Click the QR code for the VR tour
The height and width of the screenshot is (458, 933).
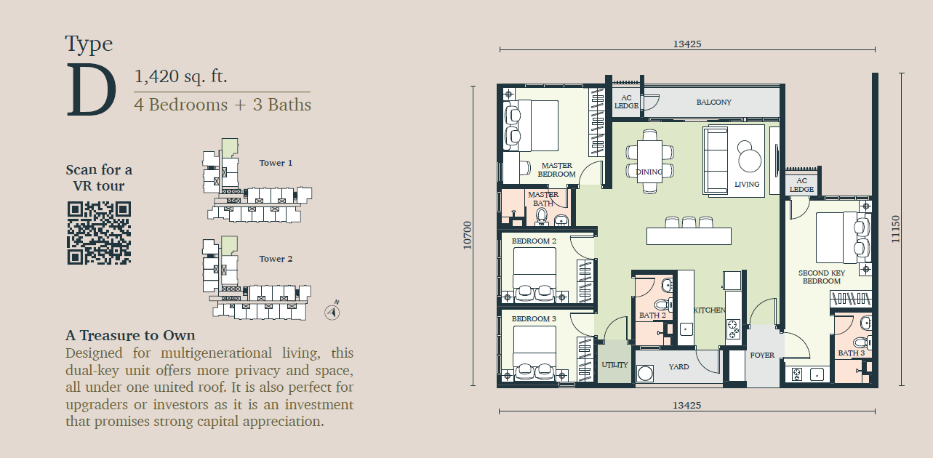pos(99,233)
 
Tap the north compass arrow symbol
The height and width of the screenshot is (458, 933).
pos(332,312)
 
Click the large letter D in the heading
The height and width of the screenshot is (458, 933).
pos(91,89)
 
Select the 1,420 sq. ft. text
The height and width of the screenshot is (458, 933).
pos(181,76)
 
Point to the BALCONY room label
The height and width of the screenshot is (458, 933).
pos(713,102)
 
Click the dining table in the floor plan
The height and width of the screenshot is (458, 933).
pos(649,161)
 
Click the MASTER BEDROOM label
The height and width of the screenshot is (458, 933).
pos(556,170)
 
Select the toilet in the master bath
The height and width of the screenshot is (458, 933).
pos(542,217)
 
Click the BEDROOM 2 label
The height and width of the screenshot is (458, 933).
pos(534,241)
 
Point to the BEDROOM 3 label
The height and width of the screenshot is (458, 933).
pos(534,319)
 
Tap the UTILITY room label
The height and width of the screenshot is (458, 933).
pos(614,365)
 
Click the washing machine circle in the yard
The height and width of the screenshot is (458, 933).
pos(645,373)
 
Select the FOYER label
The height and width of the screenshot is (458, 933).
pos(762,355)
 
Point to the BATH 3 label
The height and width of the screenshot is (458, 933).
pos(852,353)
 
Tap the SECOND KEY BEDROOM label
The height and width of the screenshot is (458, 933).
pos(821,277)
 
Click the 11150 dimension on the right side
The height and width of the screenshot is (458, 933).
pos(895,229)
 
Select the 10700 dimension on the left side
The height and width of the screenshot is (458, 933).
pos(468,236)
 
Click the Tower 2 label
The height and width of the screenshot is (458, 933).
pos(276,259)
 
